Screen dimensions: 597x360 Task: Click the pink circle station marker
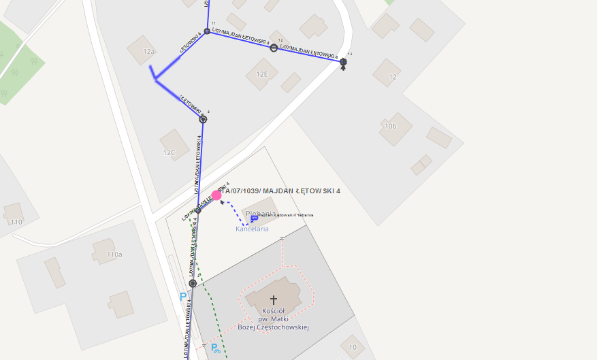[216, 195]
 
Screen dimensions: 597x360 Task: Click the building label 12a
[149, 52]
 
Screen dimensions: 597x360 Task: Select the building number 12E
[262, 74]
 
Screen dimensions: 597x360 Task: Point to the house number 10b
[390, 126]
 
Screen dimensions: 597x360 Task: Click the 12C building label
[168, 153]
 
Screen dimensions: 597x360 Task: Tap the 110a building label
[114, 255]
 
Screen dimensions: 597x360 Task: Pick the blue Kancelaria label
[252, 229]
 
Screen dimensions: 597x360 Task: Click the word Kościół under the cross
[273, 310]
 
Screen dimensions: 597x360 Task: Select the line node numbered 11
[207, 31]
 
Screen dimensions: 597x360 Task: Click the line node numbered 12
[274, 48]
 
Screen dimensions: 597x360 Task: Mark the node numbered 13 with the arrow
[343, 62]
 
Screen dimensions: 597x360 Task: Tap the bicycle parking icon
[215, 348]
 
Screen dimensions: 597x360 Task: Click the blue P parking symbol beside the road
[182, 297]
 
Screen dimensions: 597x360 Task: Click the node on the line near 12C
[203, 119]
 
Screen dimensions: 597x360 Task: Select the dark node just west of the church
[193, 283]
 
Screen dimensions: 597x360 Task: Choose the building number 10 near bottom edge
[353, 347]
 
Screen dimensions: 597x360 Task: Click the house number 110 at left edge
[16, 223]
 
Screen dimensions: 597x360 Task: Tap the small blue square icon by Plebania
[254, 218]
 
